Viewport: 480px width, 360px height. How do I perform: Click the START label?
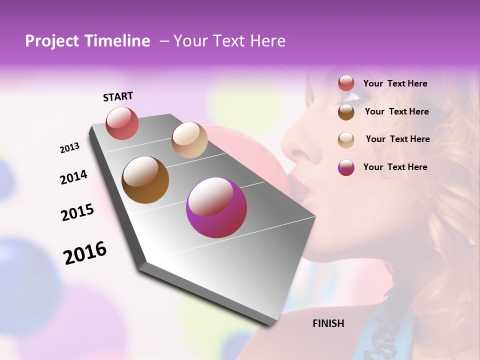click(118, 96)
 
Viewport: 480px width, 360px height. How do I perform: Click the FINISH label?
click(328, 323)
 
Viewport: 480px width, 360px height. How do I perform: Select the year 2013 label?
click(69, 147)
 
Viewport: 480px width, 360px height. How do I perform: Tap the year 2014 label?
click(73, 177)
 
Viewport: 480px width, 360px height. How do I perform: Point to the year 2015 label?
click(77, 212)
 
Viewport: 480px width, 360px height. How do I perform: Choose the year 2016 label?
click(85, 252)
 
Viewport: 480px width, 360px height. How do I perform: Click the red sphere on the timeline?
click(122, 123)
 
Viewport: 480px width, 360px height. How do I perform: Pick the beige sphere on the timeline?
click(189, 140)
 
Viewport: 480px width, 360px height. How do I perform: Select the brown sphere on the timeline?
click(145, 180)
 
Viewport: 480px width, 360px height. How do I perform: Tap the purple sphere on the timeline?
click(216, 207)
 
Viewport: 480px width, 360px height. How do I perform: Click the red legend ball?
click(346, 83)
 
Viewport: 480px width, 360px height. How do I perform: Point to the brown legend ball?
click(346, 112)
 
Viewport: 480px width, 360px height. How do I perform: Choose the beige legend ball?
click(346, 140)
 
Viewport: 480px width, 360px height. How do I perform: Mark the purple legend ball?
click(346, 167)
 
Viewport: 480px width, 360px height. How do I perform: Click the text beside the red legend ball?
click(395, 84)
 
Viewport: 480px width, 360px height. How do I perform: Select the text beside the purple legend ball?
click(395, 167)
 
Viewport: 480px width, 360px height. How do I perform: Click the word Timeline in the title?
click(117, 41)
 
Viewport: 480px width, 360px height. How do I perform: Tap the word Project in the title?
click(52, 41)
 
